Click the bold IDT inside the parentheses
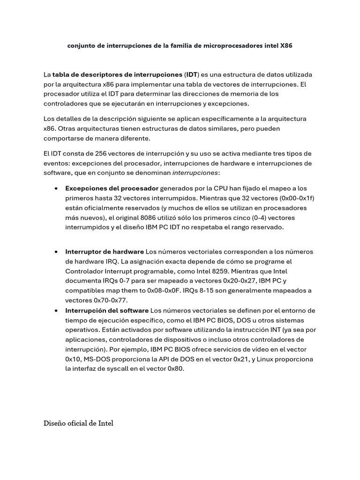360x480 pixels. (191, 75)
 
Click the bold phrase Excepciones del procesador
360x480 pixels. (112, 188)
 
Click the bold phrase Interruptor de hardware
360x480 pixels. (105, 252)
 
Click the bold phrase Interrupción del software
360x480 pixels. (107, 310)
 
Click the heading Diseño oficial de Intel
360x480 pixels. (78, 423)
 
